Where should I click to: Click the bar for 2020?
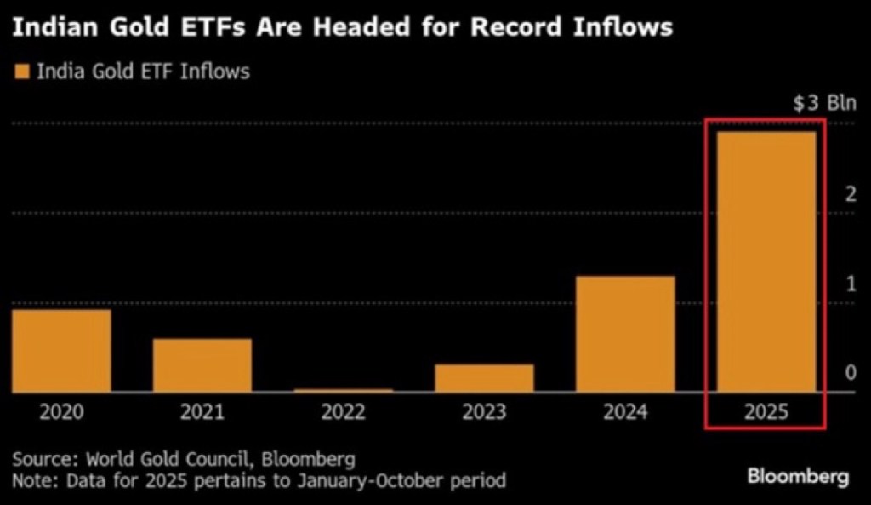point(61,350)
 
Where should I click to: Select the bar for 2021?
point(202,365)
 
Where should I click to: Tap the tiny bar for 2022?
point(344,390)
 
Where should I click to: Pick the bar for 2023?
point(485,378)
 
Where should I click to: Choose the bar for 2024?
point(625,334)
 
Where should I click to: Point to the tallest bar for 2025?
point(766,261)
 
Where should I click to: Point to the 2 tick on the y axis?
point(850,193)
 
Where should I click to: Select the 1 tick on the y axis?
point(850,283)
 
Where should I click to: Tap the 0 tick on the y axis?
point(850,372)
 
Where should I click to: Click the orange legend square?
point(20,71)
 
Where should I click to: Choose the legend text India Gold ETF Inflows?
point(143,71)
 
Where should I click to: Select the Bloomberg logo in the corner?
point(798,477)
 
